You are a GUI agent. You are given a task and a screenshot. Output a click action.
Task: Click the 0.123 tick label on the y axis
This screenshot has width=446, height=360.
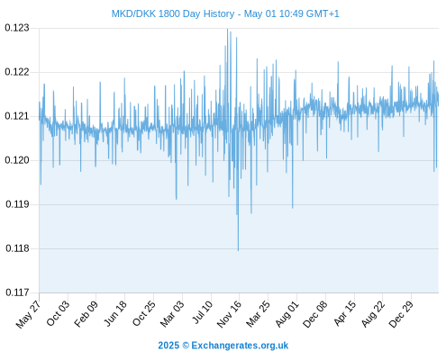tap(17, 28)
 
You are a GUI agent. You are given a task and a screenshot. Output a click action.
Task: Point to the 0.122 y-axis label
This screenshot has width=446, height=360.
tap(17, 72)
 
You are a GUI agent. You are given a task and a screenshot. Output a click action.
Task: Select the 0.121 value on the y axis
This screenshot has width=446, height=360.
tap(17, 116)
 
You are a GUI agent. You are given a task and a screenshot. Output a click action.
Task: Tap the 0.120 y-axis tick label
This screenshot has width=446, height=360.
tap(17, 160)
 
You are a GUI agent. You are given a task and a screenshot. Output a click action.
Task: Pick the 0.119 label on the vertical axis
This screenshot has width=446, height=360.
tap(17, 204)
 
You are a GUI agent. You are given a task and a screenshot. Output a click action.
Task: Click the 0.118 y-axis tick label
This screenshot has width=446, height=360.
tap(17, 248)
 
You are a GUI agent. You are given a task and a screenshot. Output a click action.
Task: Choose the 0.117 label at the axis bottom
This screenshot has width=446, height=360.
tap(17, 292)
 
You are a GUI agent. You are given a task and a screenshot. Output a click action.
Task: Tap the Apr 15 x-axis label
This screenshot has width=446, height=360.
tap(345, 313)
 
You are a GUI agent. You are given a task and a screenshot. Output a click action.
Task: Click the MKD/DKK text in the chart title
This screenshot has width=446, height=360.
tap(133, 13)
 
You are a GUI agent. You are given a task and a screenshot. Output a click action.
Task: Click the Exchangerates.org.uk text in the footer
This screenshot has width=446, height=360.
tap(240, 346)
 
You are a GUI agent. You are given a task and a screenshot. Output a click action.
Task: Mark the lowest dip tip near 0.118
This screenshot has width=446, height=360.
tap(239, 250)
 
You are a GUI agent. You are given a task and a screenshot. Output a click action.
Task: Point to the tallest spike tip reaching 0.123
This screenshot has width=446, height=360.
tap(227, 29)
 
